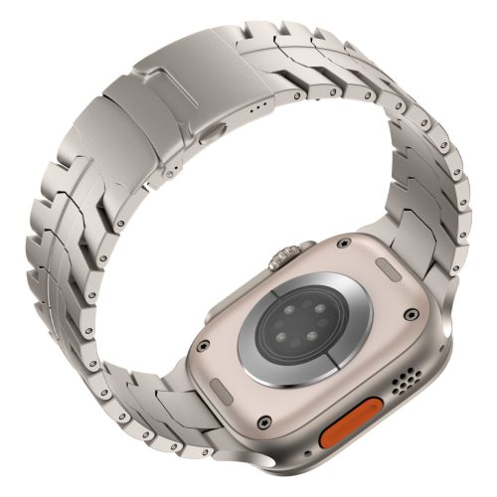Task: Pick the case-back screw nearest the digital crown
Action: [342, 242]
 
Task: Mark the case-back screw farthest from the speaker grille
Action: [201, 347]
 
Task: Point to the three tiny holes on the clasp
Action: [260, 100]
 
